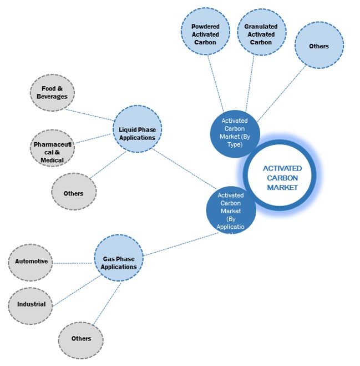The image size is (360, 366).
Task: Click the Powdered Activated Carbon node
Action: click(x=206, y=31)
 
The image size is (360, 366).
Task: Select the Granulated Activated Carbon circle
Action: click(x=261, y=31)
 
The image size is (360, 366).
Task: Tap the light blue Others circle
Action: click(x=319, y=46)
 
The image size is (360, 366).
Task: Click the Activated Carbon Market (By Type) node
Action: click(x=235, y=133)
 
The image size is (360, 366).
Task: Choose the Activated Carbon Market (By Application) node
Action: click(x=231, y=210)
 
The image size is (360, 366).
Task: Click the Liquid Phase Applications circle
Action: click(x=137, y=130)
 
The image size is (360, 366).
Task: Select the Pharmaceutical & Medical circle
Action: click(x=52, y=148)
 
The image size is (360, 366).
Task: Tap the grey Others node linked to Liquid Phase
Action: click(x=74, y=193)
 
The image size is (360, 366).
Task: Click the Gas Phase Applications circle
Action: click(x=119, y=259)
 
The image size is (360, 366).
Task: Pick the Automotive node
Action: click(x=31, y=261)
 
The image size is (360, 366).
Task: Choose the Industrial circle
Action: click(x=31, y=304)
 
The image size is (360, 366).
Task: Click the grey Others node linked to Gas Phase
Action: click(x=82, y=338)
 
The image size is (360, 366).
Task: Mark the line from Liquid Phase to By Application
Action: click(x=184, y=169)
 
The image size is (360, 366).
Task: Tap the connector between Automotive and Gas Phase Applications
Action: click(x=73, y=262)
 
